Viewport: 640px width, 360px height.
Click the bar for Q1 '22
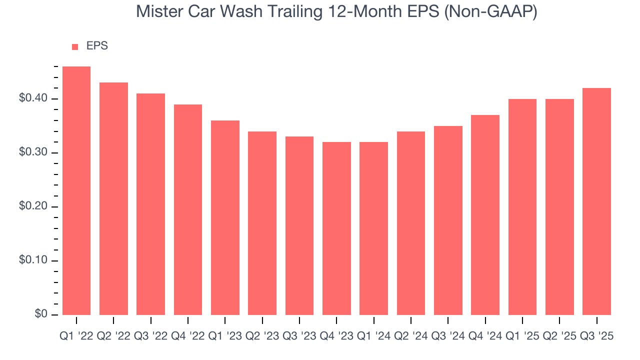pos(76,190)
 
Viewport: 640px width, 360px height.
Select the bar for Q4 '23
pos(336,228)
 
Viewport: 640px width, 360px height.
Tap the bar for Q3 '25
pos(596,201)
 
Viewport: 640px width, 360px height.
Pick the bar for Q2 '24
pos(411,223)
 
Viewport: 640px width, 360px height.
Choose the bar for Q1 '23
pos(225,217)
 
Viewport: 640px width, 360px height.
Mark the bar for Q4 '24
pos(485,214)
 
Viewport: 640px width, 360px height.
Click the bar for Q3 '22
pos(150,204)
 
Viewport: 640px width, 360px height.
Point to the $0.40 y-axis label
pos(33,98)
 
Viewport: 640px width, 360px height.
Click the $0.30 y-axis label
pos(33,152)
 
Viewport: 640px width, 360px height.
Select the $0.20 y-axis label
pos(33,206)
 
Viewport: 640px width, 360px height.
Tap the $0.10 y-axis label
pos(33,260)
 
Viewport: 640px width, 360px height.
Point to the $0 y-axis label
pos(42,314)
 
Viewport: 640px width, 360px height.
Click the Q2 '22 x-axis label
pos(113,336)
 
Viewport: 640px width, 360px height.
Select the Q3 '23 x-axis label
pos(299,336)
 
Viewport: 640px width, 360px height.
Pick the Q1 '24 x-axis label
pos(373,336)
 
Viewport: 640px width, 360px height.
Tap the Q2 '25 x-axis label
pos(559,336)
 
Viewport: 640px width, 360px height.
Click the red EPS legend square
pos(75,46)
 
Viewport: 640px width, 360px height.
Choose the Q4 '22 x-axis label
pos(188,336)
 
